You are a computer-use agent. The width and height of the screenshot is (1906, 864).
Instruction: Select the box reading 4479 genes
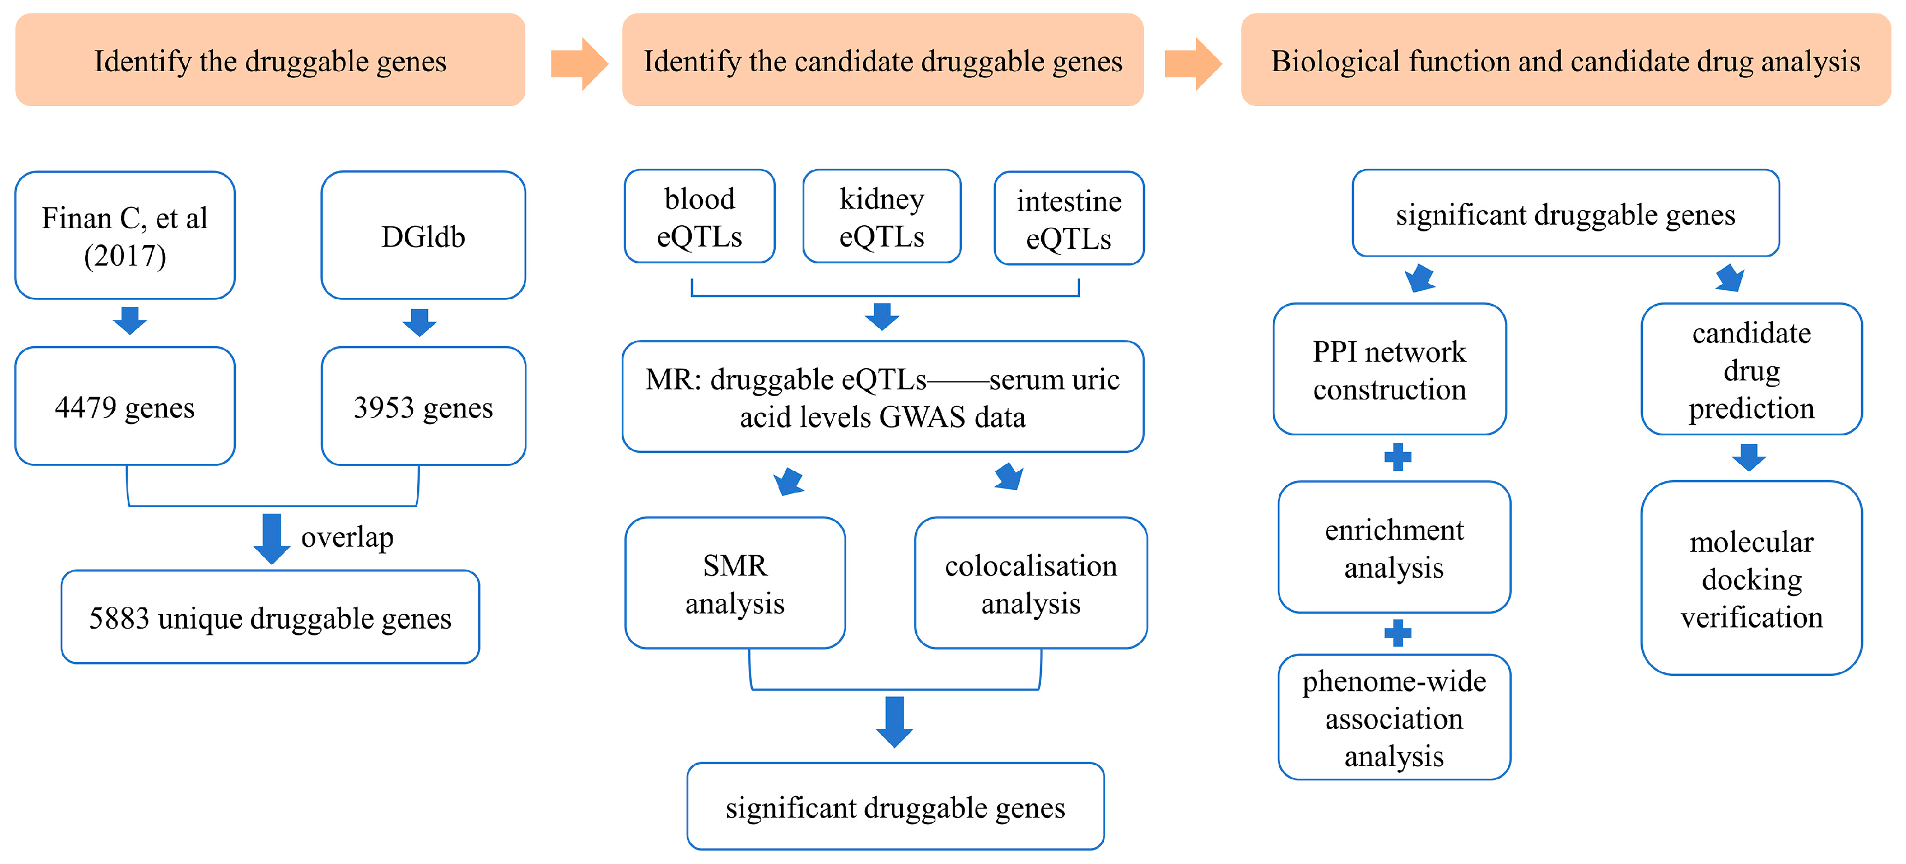124,406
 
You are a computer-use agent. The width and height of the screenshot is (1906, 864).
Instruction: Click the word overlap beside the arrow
347,537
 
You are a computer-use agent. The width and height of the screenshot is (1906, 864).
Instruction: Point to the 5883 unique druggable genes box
270,617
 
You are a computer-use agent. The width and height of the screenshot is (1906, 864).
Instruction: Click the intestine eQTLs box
1069,219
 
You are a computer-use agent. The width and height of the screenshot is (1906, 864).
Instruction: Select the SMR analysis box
735,583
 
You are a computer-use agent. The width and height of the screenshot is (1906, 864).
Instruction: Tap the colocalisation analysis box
1031,583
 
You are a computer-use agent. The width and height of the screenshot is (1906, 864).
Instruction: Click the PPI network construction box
1390,369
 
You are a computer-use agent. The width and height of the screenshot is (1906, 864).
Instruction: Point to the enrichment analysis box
1394,548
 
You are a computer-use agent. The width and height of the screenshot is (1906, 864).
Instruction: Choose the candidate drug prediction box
1751,369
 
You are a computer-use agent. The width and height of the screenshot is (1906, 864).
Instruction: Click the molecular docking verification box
1751,578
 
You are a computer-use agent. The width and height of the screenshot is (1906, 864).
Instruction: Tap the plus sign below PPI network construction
1397,458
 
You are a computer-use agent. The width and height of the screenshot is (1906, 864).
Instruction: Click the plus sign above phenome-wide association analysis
1397,633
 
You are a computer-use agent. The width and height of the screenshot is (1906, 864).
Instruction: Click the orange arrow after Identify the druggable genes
579,64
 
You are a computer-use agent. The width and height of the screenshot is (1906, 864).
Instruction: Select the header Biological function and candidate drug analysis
1565,61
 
